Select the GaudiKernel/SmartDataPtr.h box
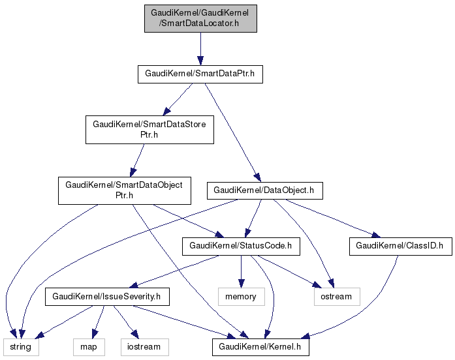200,74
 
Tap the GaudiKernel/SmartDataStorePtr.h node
149,129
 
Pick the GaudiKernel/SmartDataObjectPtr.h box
123,190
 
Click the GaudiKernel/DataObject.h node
264,190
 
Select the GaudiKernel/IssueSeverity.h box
106,297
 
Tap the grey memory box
242,297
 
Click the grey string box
20,347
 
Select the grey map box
89,347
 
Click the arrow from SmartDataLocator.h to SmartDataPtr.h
200,49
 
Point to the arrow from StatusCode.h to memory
242,271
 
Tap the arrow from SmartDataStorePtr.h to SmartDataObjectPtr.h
138,160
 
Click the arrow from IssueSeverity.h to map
99,322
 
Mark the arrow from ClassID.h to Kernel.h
366,307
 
